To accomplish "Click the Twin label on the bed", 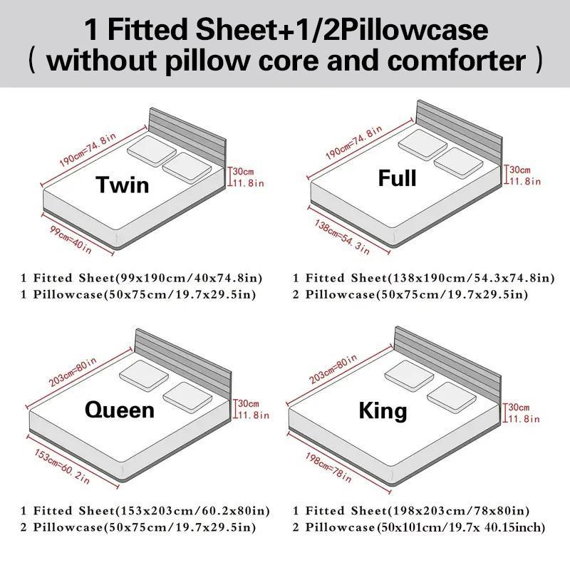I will (123, 185).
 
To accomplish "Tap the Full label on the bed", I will (397, 177).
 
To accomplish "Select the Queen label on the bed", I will (119, 410).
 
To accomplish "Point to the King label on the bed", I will (383, 411).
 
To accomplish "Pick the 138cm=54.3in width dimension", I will (343, 237).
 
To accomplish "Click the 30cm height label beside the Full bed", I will (519, 170).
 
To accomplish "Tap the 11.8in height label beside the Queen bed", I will (253, 415).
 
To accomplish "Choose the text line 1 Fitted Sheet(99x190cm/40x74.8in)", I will (141, 278).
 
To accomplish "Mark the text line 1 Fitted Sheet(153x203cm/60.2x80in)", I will (145, 511).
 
